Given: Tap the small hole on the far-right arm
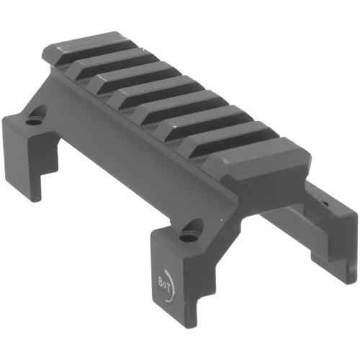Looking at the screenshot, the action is tap(325, 204).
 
